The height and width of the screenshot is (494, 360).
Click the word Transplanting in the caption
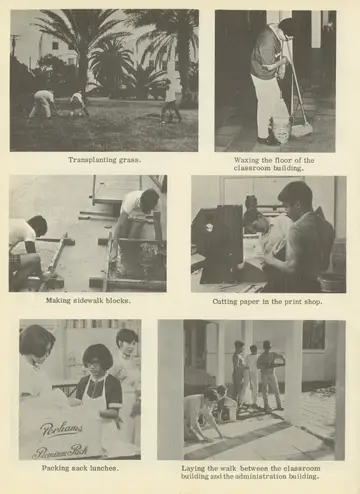(88, 160)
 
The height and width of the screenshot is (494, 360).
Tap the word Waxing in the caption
(245, 160)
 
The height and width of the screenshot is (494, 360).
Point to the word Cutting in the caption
(223, 302)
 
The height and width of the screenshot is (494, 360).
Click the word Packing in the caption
(53, 468)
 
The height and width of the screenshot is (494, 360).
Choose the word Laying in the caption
(192, 468)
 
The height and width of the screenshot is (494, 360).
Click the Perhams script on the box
(61, 429)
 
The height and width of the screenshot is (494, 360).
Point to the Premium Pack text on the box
(60, 451)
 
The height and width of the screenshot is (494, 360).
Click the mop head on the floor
(302, 130)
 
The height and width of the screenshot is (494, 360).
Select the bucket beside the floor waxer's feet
(282, 133)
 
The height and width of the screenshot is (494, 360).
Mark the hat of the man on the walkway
(266, 344)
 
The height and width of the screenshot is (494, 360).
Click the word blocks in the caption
(117, 300)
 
